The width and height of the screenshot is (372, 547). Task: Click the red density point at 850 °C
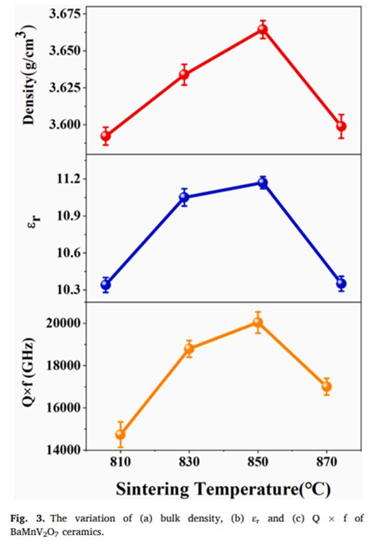coord(263,30)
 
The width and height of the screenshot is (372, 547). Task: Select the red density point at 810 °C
coord(106,136)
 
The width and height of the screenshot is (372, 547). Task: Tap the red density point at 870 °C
coord(341,126)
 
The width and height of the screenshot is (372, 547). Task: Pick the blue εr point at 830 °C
coord(184,197)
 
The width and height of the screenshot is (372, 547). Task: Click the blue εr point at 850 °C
coord(263,183)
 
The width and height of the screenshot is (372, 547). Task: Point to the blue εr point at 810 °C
coord(106,284)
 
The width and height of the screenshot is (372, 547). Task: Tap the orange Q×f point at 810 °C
coord(120,434)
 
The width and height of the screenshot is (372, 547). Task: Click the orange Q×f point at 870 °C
coord(326,386)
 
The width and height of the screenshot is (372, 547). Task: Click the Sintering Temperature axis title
coord(223,488)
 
